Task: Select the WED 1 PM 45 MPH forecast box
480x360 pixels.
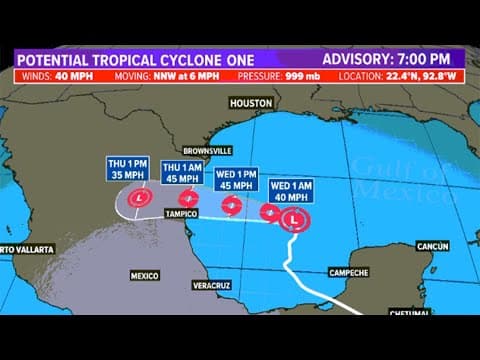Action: tap(237, 178)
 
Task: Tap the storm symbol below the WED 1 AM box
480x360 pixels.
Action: tap(294, 219)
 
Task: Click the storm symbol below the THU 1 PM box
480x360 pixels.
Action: tap(135, 200)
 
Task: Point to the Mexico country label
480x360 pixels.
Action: tap(145, 274)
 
